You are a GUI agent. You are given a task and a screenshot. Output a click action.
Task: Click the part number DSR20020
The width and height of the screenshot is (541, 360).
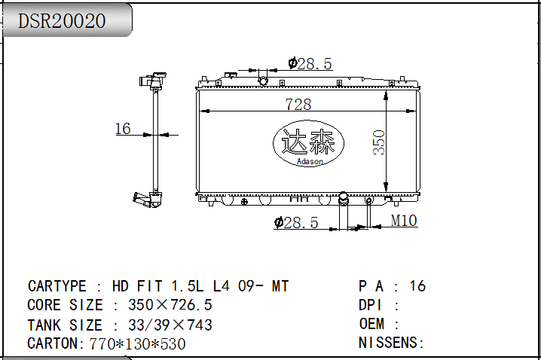(62, 21)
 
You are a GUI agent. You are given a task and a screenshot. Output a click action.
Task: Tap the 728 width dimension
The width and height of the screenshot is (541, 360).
(298, 104)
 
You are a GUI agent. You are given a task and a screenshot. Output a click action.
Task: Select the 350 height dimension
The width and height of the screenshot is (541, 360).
(378, 142)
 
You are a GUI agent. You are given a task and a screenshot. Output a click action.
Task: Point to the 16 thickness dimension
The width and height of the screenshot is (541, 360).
(123, 129)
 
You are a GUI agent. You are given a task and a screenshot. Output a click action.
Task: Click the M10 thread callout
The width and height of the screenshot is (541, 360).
(404, 221)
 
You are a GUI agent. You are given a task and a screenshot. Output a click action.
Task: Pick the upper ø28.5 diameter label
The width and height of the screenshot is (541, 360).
(310, 63)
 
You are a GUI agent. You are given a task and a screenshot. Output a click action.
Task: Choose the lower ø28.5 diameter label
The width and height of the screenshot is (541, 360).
(296, 222)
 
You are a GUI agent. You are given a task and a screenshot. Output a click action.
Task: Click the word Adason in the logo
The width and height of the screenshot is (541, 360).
(310, 161)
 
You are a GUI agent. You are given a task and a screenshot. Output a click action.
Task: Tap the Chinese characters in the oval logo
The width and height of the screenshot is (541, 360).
(308, 142)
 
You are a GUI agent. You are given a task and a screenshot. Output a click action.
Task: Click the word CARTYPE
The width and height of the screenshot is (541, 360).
(57, 286)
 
